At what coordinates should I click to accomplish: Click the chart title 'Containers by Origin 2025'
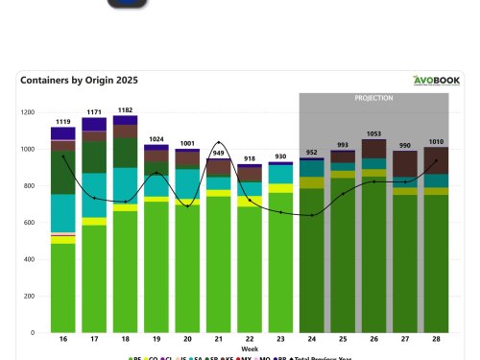(x=73, y=81)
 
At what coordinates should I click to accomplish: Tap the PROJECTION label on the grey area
(x=373, y=98)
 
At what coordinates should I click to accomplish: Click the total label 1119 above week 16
(x=63, y=122)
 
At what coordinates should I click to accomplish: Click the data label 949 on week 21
(x=219, y=153)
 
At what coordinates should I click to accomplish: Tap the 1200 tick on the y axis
(x=26, y=112)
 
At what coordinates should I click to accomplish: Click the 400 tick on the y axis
(x=28, y=259)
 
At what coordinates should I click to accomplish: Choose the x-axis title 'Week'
(x=249, y=349)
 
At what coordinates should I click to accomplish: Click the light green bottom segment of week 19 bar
(x=156, y=269)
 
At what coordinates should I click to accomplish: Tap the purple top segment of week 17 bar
(x=94, y=125)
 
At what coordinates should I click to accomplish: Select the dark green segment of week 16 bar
(x=63, y=173)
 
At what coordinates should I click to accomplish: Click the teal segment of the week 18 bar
(x=125, y=182)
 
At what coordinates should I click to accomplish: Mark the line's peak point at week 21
(x=219, y=143)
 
